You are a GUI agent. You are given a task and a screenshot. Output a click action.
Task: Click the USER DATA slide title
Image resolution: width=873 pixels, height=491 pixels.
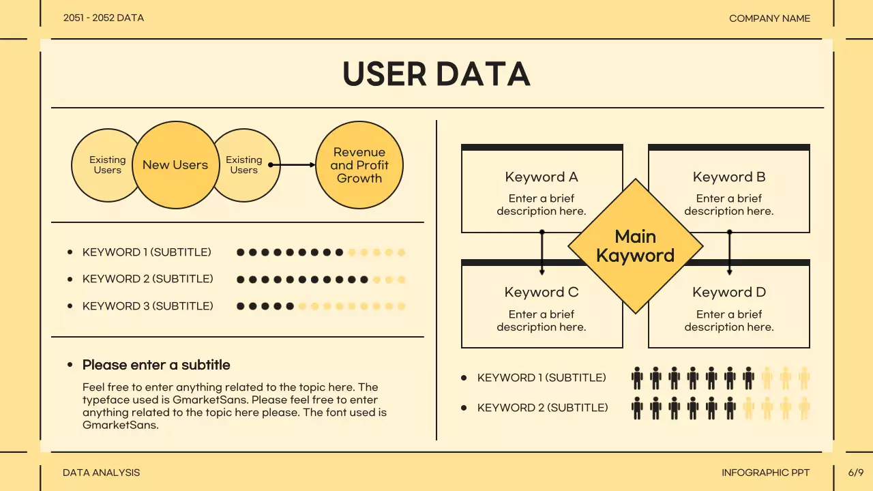pos(436,74)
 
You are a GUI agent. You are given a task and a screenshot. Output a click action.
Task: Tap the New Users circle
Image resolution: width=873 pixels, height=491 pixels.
pos(175,165)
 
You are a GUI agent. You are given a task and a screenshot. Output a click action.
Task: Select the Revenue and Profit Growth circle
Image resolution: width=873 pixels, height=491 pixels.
pos(359,165)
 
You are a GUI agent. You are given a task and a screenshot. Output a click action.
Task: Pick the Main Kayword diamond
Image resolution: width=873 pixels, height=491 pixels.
pos(635,246)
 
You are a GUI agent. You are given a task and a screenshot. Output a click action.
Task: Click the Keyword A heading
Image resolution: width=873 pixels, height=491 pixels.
pos(542,177)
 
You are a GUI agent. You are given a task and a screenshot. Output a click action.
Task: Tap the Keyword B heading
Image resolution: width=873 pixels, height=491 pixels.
pos(729,177)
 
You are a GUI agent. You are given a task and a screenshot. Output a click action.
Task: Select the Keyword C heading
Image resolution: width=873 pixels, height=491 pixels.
pos(542,293)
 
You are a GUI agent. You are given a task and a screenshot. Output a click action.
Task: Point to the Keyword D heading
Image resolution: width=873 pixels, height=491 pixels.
pos(729,293)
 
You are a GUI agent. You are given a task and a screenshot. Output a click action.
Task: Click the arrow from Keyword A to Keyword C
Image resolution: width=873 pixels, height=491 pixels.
pos(542,252)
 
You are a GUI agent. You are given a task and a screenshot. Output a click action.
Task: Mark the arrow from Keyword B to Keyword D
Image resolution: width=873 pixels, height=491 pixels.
pos(729,252)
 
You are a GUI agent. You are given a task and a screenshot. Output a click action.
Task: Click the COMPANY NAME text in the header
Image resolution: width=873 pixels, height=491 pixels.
pos(769,18)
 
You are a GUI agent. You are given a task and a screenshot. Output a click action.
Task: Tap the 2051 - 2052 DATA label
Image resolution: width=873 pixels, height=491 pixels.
pos(104,18)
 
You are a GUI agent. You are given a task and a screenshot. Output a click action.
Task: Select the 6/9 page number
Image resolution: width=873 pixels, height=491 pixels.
pos(856,473)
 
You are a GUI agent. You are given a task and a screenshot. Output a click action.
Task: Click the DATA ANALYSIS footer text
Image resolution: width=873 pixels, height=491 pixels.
pos(101,473)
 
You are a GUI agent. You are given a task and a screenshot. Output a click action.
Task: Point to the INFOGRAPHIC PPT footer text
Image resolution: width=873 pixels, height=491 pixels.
pos(765,473)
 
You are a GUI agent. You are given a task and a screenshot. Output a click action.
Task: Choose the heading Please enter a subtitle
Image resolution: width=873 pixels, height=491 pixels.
pos(156,365)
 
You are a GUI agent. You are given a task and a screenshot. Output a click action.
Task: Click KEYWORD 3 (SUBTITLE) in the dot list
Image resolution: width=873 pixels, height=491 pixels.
pos(147,306)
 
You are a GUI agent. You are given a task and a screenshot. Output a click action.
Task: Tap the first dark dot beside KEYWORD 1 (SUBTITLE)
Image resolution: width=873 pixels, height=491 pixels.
pos(241,252)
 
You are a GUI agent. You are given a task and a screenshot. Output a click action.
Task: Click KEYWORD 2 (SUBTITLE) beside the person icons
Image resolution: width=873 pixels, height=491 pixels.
pos(542,408)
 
